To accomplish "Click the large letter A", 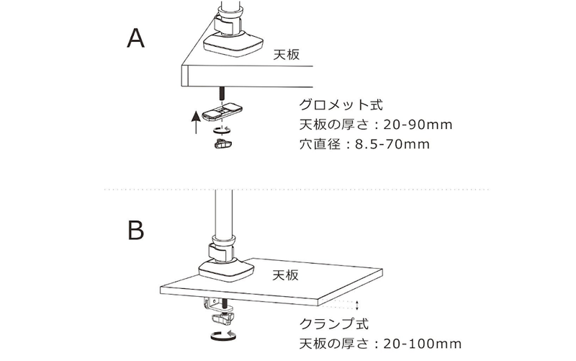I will coord(138,37).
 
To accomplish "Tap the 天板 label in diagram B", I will coord(287,275).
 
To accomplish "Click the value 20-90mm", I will coord(413,124).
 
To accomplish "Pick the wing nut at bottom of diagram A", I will coord(224,144).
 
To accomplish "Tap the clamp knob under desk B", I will coord(222,318).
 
